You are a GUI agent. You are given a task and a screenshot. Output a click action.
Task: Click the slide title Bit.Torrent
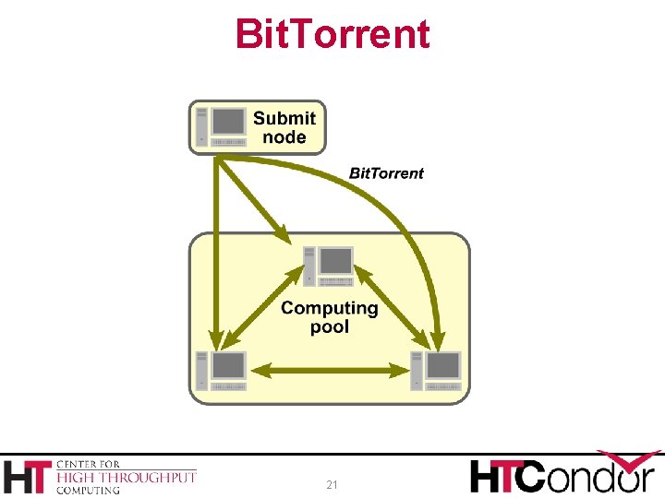[x=332, y=34]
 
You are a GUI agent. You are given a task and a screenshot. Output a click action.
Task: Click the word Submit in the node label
[x=284, y=118]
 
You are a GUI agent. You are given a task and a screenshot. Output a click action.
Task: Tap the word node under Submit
[x=284, y=137]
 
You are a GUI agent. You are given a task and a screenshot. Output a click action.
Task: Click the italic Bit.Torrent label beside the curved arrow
[x=386, y=173]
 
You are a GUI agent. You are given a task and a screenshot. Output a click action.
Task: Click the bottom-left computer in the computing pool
[x=222, y=370]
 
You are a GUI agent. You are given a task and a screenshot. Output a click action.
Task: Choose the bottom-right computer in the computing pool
[x=437, y=370]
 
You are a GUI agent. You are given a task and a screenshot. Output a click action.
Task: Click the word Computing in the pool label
[x=330, y=308]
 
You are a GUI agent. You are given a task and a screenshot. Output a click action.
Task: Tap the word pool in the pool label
[x=330, y=327]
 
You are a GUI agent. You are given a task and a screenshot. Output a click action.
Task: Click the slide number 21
[x=332, y=484]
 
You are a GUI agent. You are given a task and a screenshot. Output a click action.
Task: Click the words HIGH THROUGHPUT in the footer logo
[x=127, y=477]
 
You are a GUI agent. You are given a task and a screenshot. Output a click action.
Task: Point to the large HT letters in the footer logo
[x=28, y=477]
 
